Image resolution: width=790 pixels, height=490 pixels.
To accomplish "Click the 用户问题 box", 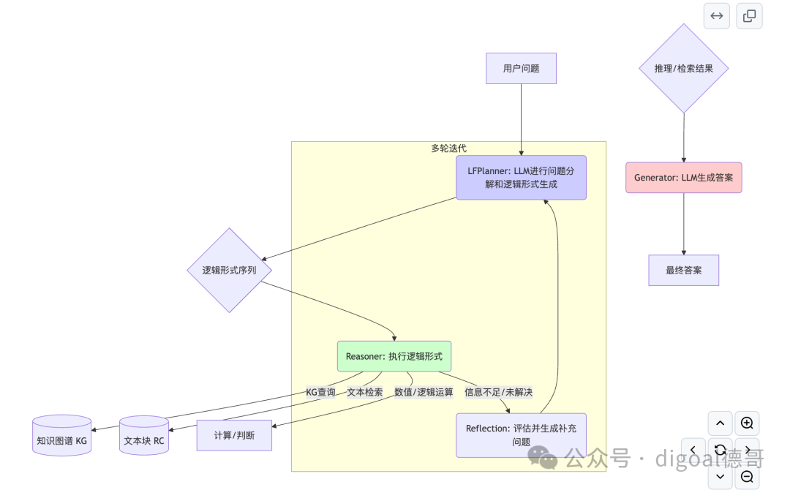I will pos(521,69).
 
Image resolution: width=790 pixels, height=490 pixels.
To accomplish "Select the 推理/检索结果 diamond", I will pos(683,69).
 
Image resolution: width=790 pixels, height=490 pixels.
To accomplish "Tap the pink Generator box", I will pos(683,178).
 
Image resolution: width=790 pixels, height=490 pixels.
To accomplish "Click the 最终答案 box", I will pos(683,270).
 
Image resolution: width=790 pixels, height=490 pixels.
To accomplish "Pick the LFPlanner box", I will pos(521,178).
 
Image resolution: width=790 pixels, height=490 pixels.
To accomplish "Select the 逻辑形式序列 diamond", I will pos(230,270).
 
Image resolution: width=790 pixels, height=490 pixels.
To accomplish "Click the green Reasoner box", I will pos(394,356).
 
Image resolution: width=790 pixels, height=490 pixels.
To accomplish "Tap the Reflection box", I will pos(521,435).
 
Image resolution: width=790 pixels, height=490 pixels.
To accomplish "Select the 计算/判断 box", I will pos(234,436).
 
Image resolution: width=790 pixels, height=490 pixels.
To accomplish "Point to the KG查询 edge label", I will pos(320,392).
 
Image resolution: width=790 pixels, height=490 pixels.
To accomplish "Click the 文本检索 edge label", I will pos(364,392).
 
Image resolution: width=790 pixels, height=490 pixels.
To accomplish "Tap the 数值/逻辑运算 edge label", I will pos(424,392).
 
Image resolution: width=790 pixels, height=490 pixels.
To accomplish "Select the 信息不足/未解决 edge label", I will pos(498,392).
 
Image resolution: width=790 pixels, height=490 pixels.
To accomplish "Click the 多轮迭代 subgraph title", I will pos(448,148).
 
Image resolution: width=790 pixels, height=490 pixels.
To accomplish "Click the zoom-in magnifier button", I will pos(747,423).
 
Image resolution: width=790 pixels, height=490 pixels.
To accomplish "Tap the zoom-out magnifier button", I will pos(747,477).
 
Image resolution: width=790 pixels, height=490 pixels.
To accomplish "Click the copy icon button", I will pos(749,16).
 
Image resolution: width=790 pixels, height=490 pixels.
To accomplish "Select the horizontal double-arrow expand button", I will pos(717,16).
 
